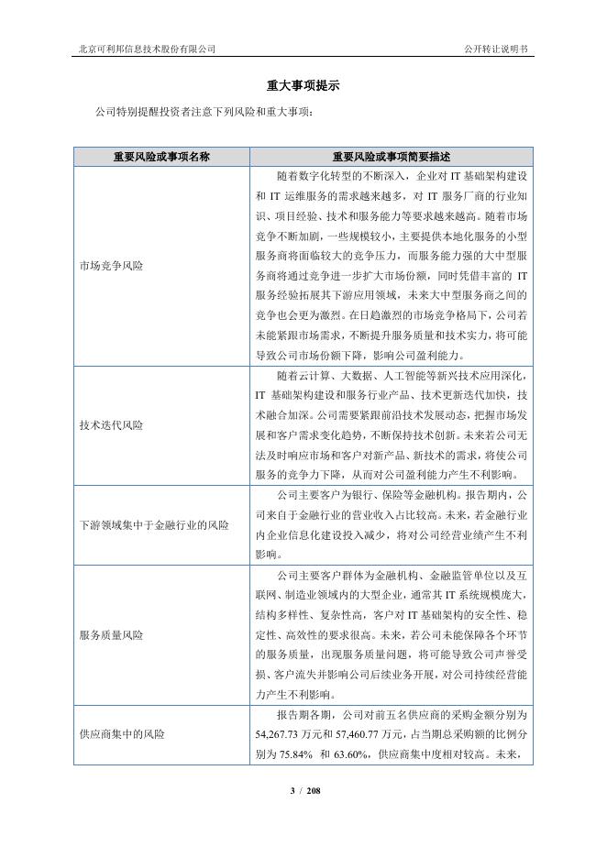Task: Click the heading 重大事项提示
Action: click(x=303, y=86)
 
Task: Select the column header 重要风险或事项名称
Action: click(x=161, y=157)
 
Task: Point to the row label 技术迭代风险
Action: click(x=112, y=425)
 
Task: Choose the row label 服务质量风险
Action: click(x=112, y=634)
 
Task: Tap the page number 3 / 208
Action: click(x=303, y=790)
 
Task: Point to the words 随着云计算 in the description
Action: click(x=303, y=376)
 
